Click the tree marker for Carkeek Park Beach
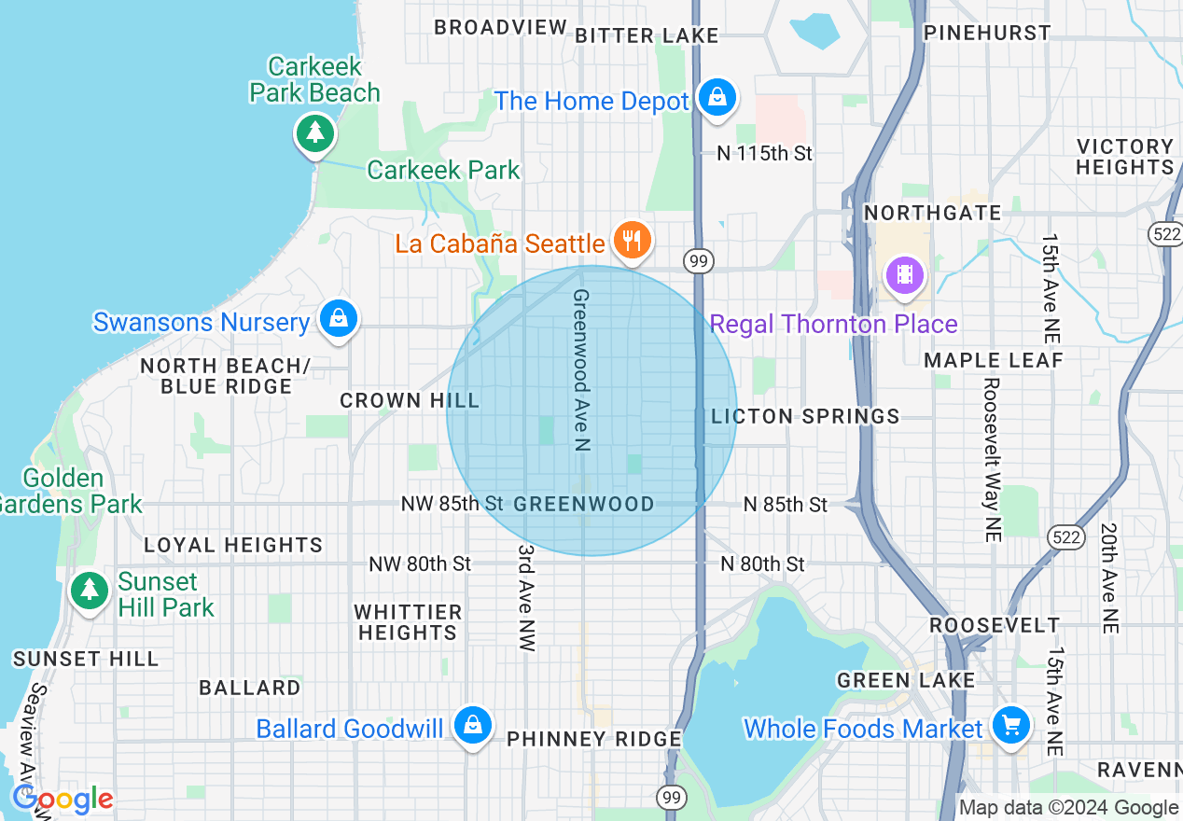(315, 133)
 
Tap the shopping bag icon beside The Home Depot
(717, 97)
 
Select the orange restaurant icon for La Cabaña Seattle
(633, 242)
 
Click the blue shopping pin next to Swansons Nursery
(338, 319)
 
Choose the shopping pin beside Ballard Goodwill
(473, 725)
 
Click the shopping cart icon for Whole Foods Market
(1010, 725)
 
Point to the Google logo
(63, 800)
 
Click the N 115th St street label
(765, 153)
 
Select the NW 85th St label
(453, 505)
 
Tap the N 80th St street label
(762, 564)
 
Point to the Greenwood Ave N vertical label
(580, 370)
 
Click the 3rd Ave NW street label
(526, 597)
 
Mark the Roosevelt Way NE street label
(991, 460)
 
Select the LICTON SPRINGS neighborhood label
(805, 417)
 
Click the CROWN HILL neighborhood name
(410, 401)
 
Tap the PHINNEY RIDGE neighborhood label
(594, 739)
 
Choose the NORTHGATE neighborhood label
(932, 214)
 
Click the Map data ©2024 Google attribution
(1069, 808)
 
